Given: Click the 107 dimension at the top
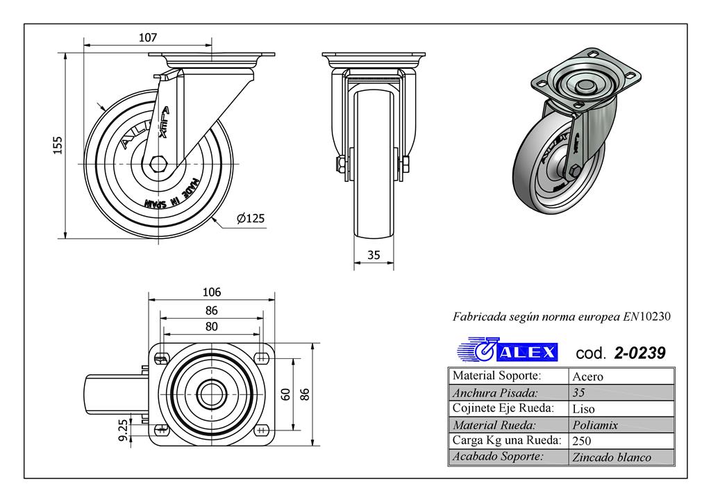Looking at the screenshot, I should [x=147, y=37].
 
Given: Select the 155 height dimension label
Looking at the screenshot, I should [x=58, y=145].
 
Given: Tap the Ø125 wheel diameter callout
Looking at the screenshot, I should [x=251, y=219].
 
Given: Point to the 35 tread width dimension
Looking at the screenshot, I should [x=374, y=255].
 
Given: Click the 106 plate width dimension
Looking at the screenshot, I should [x=212, y=292].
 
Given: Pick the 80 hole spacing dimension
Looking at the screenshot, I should [x=212, y=326].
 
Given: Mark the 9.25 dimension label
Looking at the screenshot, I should [x=123, y=430].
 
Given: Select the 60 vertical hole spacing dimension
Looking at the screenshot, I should [x=285, y=394].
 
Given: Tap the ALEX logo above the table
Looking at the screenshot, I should [x=508, y=351].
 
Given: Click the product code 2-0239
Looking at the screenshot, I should [x=639, y=353].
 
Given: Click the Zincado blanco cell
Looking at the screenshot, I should [x=611, y=457].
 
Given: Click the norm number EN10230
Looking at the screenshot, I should [x=646, y=317].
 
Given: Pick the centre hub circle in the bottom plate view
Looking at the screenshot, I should [x=212, y=394].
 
